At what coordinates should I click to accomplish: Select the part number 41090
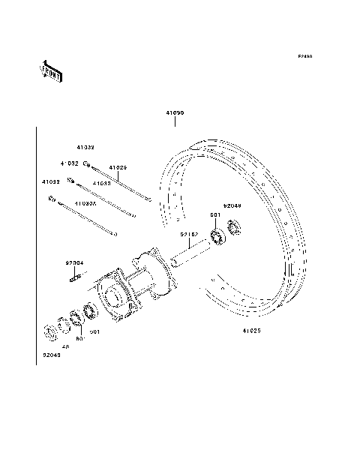click(x=175, y=113)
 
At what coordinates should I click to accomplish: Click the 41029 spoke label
click(x=118, y=167)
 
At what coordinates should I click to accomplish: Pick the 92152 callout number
click(x=188, y=235)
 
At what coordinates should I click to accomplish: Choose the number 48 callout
click(x=65, y=346)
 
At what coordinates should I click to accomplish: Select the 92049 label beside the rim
click(x=232, y=205)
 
